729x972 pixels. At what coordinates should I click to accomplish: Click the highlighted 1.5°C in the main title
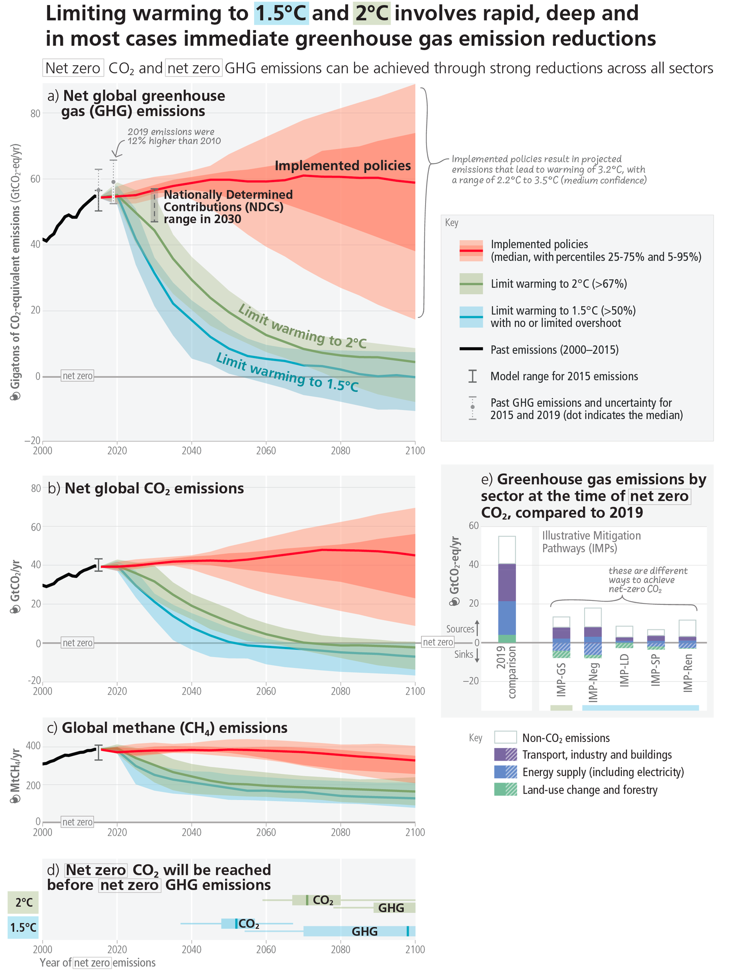[x=281, y=13]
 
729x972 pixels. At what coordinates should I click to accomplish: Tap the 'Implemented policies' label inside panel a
[x=343, y=165]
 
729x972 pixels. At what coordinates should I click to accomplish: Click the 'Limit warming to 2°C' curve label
[x=302, y=327]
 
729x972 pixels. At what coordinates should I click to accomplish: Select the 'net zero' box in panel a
[x=77, y=376]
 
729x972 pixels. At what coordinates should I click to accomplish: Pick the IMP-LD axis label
[x=625, y=670]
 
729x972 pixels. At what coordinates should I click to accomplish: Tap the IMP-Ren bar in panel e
[x=687, y=634]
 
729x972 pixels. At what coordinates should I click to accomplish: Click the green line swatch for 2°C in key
[x=471, y=284]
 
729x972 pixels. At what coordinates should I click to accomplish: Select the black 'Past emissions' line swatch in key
[x=471, y=349]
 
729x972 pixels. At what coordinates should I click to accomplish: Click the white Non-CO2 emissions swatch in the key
[x=505, y=737]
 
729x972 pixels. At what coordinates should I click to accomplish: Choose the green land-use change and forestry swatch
[x=505, y=789]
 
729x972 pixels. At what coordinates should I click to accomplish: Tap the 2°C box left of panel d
[x=23, y=902]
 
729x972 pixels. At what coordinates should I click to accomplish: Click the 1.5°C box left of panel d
[x=23, y=927]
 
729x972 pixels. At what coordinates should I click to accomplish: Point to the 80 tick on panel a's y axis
[x=36, y=113]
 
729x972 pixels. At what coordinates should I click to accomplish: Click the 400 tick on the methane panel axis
[x=34, y=746]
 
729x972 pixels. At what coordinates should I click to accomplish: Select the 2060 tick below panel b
[x=266, y=691]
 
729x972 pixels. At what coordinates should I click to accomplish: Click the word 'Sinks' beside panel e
[x=464, y=655]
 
